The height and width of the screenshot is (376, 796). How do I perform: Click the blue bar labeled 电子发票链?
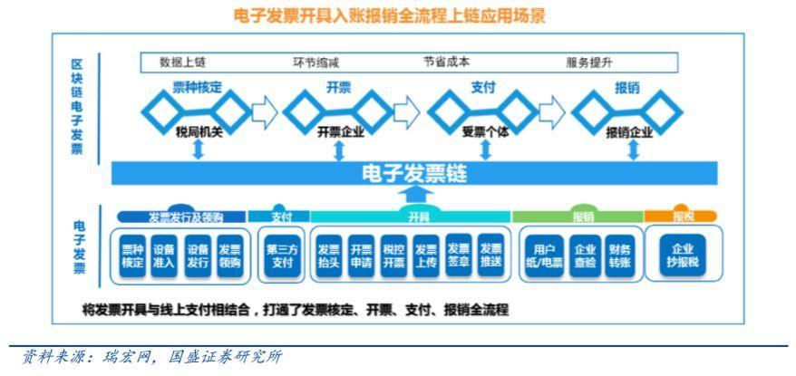413,173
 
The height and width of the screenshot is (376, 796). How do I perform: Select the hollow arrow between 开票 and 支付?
407,111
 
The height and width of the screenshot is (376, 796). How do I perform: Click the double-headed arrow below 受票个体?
485,149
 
